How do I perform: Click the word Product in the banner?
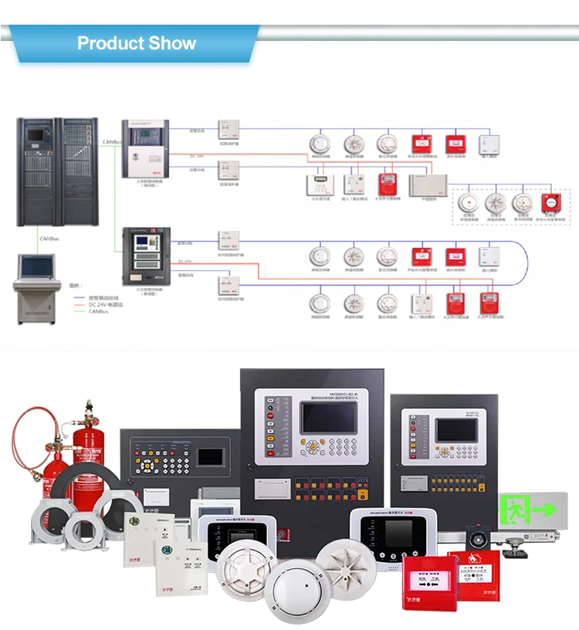point(109,43)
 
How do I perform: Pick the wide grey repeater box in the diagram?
point(427,184)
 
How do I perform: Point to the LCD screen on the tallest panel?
point(330,418)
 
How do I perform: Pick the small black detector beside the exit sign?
point(477,536)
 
